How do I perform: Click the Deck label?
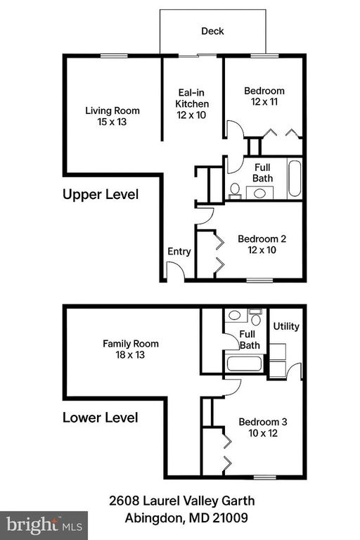tap(212, 31)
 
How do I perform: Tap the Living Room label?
tap(112, 110)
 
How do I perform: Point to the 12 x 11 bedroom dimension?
tap(264, 102)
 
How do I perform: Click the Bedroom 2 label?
tap(262, 238)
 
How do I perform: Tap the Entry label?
tap(179, 252)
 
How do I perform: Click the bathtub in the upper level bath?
tap(294, 179)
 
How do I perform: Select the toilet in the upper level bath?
tap(235, 190)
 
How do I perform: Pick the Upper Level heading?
tap(101, 194)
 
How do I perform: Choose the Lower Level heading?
tap(101, 418)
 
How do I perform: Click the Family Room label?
tap(131, 344)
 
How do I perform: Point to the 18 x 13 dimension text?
tap(131, 355)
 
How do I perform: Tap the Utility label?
tap(286, 327)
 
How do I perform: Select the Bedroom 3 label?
tap(262, 422)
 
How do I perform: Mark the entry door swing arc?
tap(176, 271)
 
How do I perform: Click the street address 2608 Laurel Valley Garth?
tap(181, 501)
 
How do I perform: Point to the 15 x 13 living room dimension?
tap(112, 122)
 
